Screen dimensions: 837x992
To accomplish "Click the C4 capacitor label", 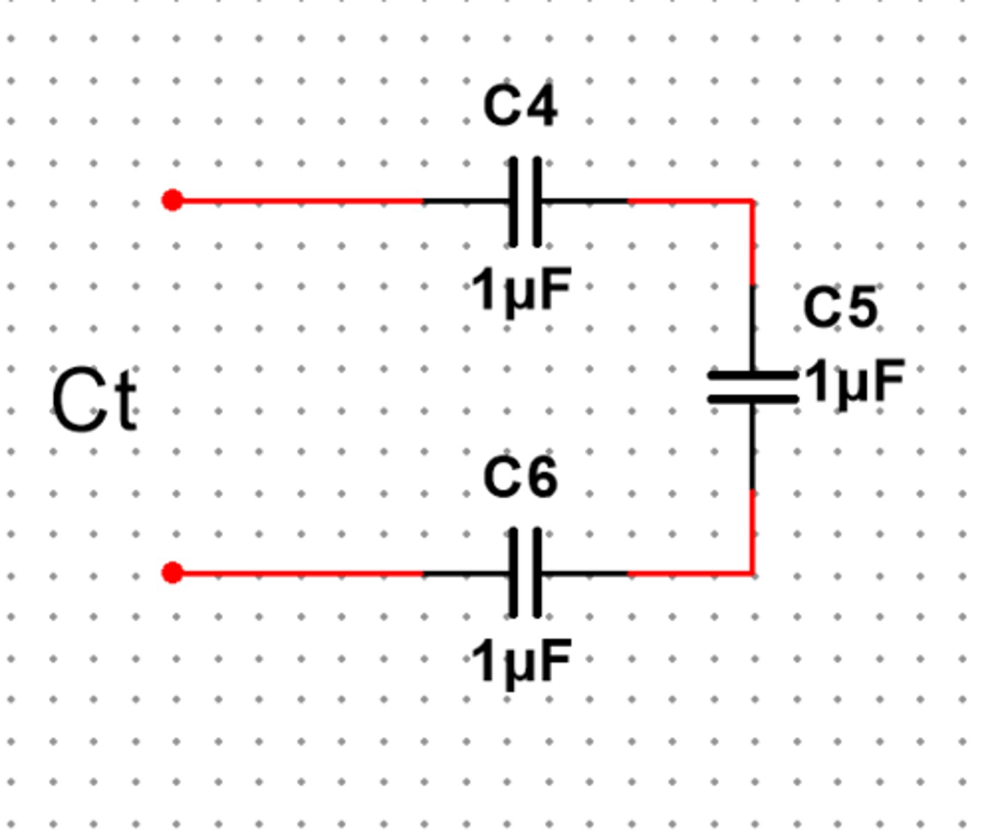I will (520, 106).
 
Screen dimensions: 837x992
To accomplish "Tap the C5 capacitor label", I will (840, 307).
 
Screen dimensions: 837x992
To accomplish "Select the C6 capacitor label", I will (520, 478).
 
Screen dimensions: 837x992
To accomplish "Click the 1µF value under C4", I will (521, 289).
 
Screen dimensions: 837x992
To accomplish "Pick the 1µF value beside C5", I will (855, 382).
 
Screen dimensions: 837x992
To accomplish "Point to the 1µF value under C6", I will (521, 661).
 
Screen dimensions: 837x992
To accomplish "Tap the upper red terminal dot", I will (172, 200).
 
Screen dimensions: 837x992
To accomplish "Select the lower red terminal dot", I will (172, 573).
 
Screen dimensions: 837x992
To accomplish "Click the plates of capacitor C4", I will (525, 201).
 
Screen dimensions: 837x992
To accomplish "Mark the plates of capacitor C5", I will (753, 387).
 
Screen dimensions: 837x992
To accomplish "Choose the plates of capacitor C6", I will (525, 573).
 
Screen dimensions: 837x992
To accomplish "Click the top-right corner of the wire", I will (752, 201).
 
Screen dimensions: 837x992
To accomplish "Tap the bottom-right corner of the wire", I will (752, 573).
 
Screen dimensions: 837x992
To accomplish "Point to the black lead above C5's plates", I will (752, 328).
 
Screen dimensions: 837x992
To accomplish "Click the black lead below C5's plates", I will (752, 446).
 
